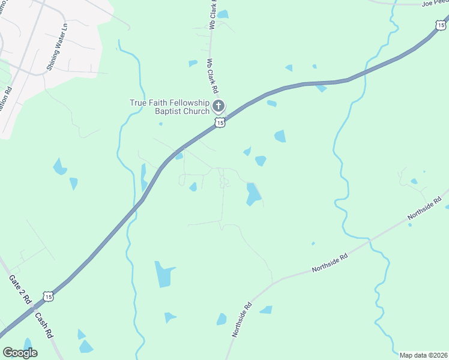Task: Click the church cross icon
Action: click(x=218, y=107)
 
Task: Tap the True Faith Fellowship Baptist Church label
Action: click(x=170, y=106)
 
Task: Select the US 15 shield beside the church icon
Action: click(x=220, y=122)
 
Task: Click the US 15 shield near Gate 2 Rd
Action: click(x=48, y=296)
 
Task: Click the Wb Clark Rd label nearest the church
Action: click(x=211, y=74)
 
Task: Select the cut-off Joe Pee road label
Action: click(x=435, y=4)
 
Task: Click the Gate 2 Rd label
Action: click(x=20, y=290)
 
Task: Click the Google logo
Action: click(x=20, y=352)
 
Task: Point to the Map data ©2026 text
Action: click(x=423, y=355)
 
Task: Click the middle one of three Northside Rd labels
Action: click(x=330, y=262)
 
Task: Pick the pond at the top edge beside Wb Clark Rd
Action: click(x=223, y=14)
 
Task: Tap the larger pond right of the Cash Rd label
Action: click(x=86, y=346)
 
